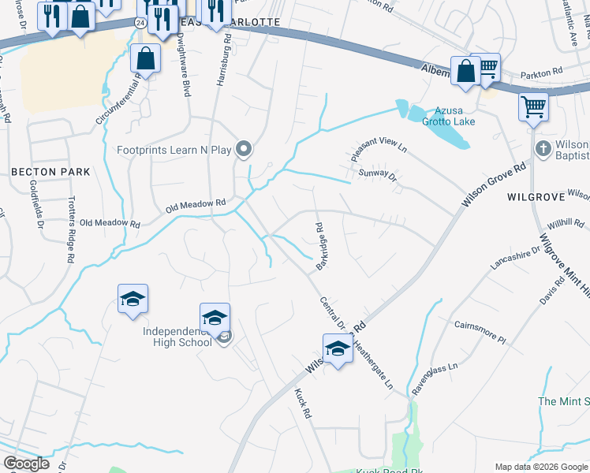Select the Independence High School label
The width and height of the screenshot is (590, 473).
(177, 337)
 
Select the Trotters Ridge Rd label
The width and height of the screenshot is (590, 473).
(70, 229)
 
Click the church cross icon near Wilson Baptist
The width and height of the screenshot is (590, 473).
(543, 147)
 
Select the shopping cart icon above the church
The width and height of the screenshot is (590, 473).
(533, 106)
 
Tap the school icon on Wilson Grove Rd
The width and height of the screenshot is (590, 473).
(338, 348)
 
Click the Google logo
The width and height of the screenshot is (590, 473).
(27, 464)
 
